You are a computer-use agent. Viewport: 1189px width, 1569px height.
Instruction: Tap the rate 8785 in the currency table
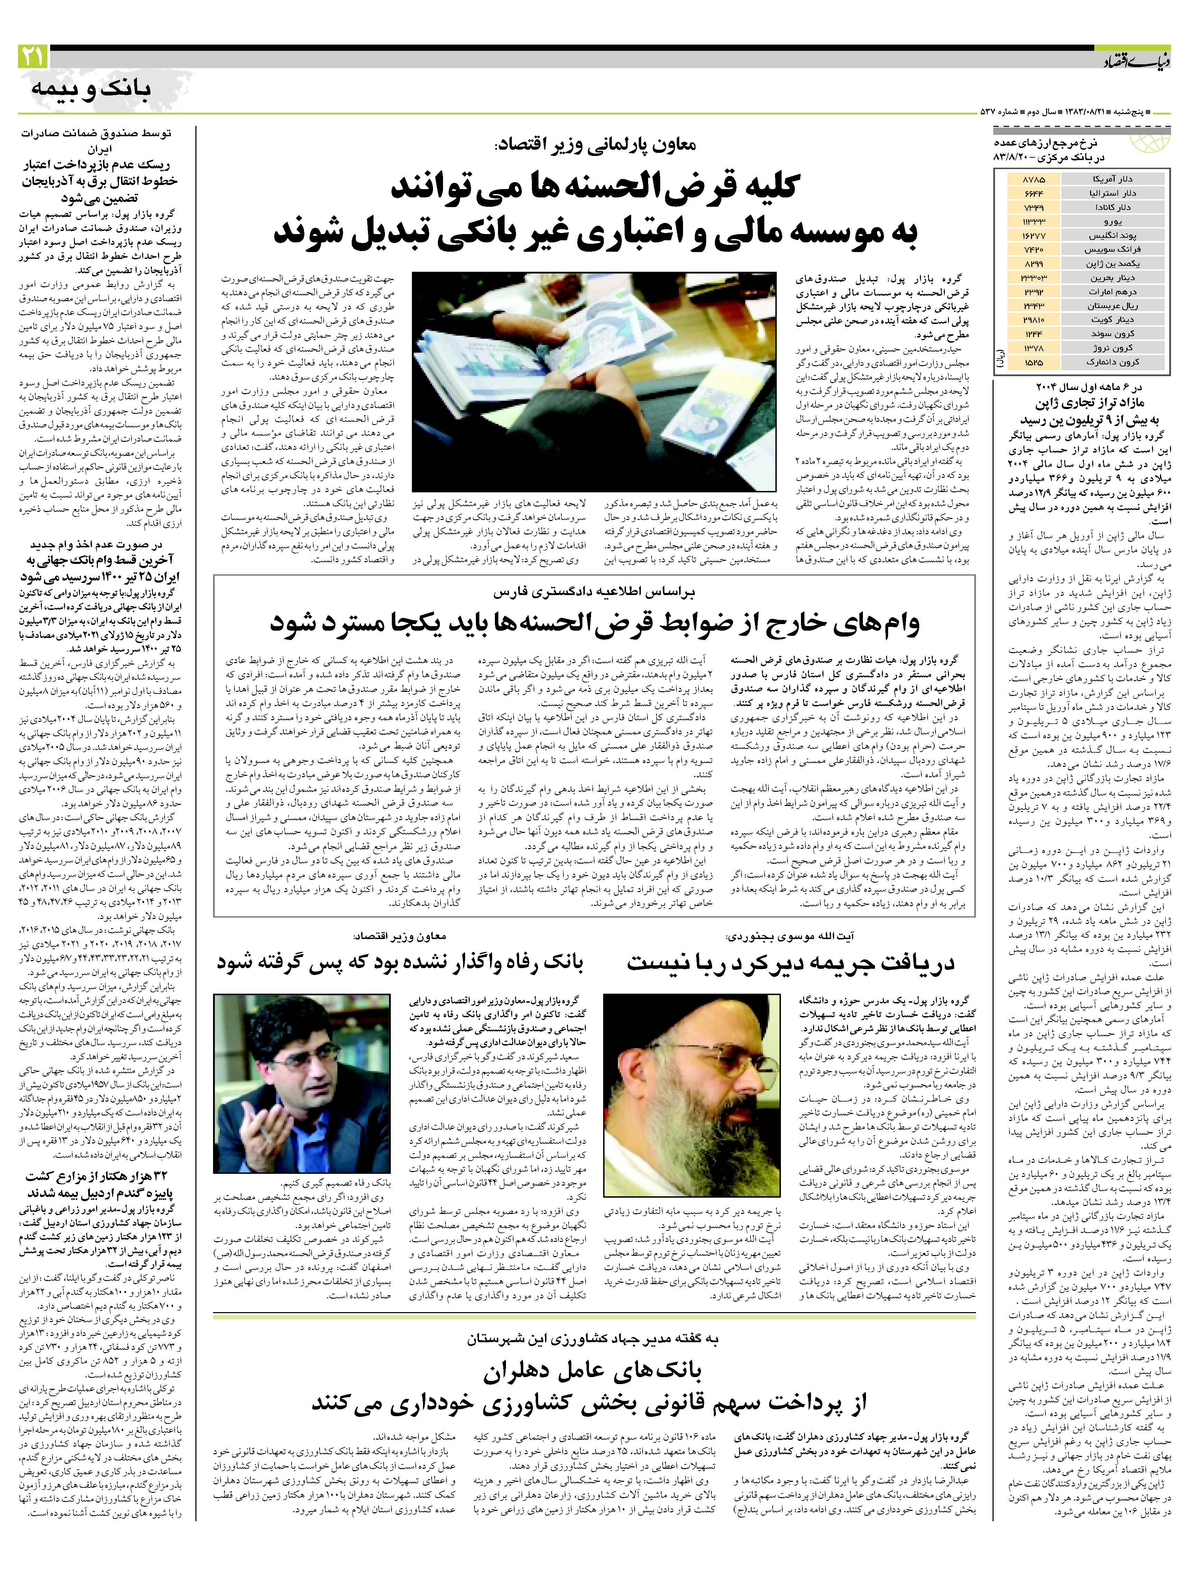tap(1034, 179)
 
